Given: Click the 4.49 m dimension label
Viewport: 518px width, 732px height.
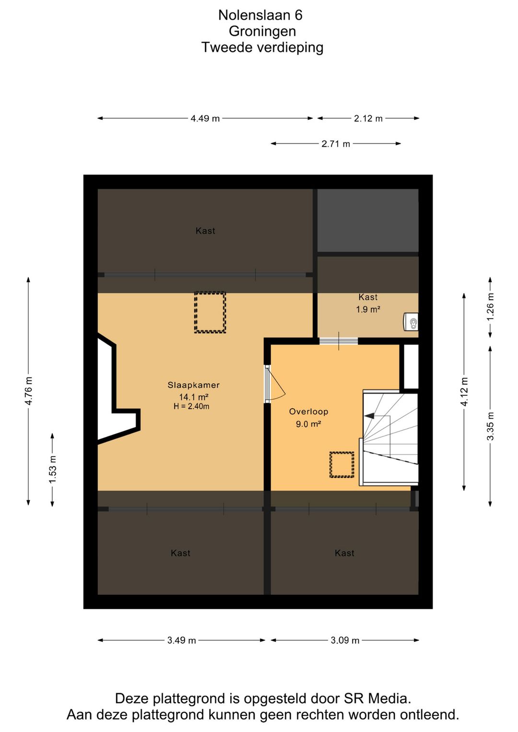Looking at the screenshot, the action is (205, 118).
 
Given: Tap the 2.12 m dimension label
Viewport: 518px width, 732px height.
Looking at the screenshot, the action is (368, 118).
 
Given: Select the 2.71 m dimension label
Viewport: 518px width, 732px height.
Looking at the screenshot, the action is (336, 144).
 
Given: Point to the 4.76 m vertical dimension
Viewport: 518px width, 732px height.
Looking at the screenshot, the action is (28, 391).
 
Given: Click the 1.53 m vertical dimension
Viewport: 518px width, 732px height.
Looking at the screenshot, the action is (52, 470).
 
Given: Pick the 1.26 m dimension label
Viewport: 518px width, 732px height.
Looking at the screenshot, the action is (490, 307).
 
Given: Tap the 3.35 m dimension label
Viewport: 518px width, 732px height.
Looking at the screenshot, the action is (490, 426).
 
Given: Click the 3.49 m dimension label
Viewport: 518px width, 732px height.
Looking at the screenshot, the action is (181, 640).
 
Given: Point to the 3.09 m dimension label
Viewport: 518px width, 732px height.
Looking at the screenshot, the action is (345, 640).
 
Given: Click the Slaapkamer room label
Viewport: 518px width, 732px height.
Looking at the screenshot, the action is (193, 385).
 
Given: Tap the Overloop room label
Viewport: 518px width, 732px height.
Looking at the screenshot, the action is (308, 412).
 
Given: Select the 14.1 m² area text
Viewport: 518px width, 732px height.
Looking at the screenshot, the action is (193, 397).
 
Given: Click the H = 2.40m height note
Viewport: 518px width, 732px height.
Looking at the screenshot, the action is (191, 406).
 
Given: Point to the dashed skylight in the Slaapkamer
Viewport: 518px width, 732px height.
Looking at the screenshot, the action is (210, 312).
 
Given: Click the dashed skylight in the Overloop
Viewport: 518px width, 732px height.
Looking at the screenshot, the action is (341, 465).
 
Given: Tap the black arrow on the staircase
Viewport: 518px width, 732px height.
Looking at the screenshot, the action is (370, 416).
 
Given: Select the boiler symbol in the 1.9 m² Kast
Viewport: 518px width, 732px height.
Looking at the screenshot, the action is (411, 322).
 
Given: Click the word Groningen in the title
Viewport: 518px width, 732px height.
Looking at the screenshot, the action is (262, 31).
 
